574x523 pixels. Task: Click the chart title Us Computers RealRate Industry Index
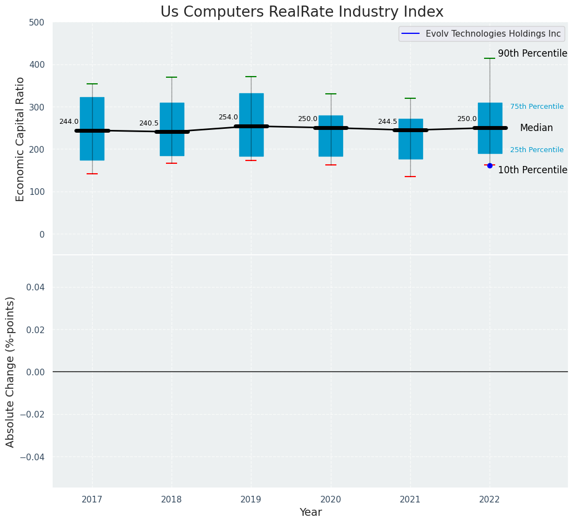pyautogui.click(x=302, y=12)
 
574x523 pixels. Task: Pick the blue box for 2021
pyautogui.click(x=410, y=150)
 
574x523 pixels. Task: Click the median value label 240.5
pyautogui.click(x=149, y=123)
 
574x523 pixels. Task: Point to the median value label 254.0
pyautogui.click(x=228, y=117)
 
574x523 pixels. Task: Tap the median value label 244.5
pyautogui.click(x=387, y=122)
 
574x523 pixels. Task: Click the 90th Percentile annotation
pyautogui.click(x=532, y=54)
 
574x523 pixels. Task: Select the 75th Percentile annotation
pyautogui.click(x=537, y=107)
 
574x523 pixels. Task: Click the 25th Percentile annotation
pyautogui.click(x=537, y=150)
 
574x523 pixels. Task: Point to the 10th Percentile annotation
pyautogui.click(x=532, y=170)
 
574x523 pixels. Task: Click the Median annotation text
pyautogui.click(x=536, y=128)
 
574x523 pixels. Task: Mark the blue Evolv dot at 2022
pyautogui.click(x=490, y=165)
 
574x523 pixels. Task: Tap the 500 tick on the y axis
pyautogui.click(x=38, y=22)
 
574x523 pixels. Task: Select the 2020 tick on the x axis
pyautogui.click(x=331, y=500)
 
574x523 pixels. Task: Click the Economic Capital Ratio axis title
pyautogui.click(x=21, y=139)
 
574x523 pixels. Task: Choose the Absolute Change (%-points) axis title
pyautogui.click(x=11, y=371)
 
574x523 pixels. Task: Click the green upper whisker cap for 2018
pyautogui.click(x=172, y=77)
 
